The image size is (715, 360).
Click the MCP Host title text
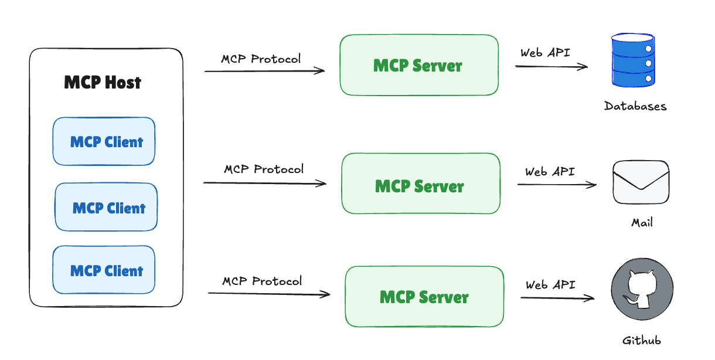point(103,83)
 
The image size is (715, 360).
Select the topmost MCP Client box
point(104,141)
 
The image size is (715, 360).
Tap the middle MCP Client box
point(106,208)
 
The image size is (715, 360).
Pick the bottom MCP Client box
point(104,270)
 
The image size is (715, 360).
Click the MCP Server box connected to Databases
point(418,65)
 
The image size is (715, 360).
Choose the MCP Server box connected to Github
point(424,297)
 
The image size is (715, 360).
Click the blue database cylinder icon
point(633,59)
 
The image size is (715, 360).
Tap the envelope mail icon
point(641,182)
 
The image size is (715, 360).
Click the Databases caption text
point(635,106)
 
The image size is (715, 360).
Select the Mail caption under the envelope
point(642,223)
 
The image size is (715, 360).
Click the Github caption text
point(641,341)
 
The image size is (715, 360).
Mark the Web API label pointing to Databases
point(545,52)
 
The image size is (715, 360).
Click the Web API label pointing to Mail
point(550,172)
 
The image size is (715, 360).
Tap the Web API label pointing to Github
point(550,285)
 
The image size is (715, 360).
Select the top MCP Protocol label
point(261,59)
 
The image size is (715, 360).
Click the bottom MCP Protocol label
point(262,281)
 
